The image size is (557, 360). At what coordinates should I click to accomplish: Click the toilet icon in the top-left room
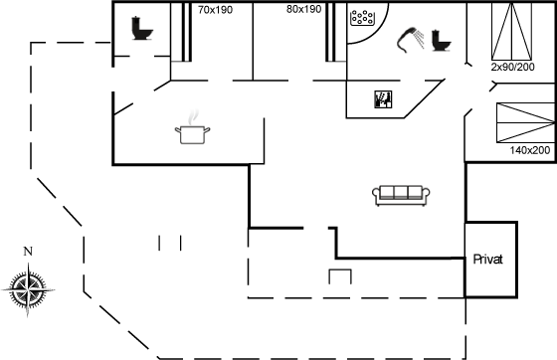coord(142,28)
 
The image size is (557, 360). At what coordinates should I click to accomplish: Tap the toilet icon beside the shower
coord(442,41)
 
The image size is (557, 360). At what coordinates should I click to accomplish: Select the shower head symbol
coord(411,40)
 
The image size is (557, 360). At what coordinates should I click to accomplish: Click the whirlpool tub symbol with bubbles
coord(362,18)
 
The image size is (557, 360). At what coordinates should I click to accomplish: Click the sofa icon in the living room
coord(401,195)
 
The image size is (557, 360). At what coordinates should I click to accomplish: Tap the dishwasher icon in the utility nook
coord(383,99)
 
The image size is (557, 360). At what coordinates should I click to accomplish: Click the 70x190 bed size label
coord(215,10)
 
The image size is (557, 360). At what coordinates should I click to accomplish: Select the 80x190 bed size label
coord(303,9)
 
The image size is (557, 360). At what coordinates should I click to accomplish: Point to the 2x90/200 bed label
coord(512,67)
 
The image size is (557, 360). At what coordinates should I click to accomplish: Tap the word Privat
coord(488,260)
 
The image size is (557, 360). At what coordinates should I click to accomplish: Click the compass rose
coord(28,290)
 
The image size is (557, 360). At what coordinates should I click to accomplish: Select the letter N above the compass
coord(28,252)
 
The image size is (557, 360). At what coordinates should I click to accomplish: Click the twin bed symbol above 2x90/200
coord(511,31)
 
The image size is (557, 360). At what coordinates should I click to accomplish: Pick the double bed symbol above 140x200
coord(526,123)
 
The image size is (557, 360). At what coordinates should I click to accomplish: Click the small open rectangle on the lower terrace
coord(340,270)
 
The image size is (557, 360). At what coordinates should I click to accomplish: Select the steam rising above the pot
coord(193,117)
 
